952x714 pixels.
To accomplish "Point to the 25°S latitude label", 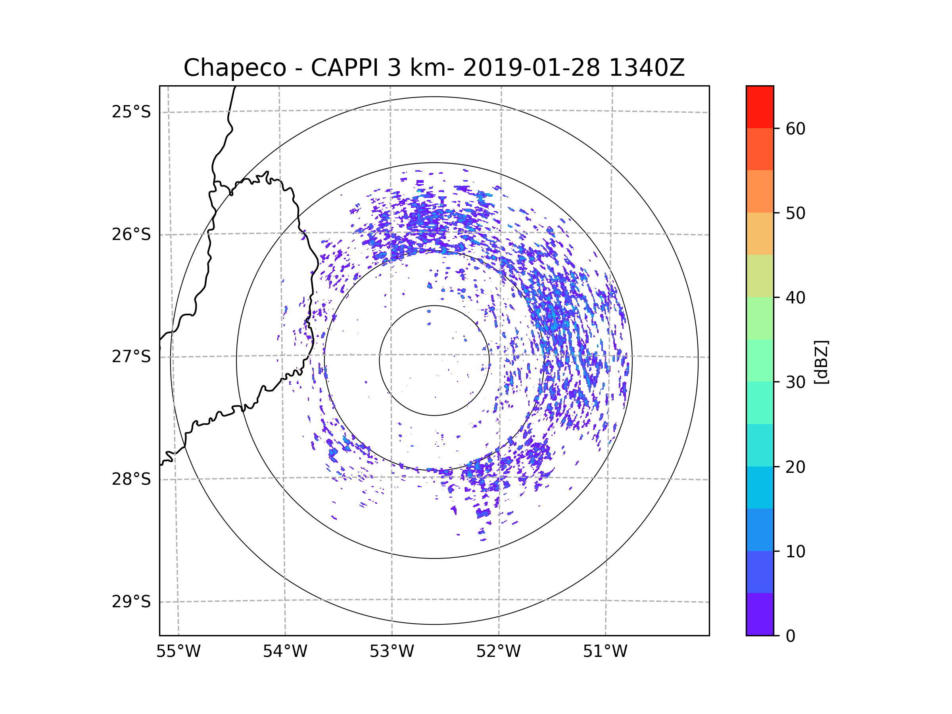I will pos(131,112).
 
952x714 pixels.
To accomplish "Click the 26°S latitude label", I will pos(131,234).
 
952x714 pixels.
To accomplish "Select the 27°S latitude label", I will pos(131,357).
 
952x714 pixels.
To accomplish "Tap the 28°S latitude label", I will pos(131,479).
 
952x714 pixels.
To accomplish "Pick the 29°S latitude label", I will pos(131,602).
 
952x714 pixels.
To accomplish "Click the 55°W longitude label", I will pos(178,652).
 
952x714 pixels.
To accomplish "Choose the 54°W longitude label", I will pos(285,652).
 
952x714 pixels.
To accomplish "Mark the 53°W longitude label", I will pos(392,652).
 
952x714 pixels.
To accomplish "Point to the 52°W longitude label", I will pos(498,652).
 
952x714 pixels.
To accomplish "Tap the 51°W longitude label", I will pos(605,652).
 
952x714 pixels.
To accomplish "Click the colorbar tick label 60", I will pos(795,129).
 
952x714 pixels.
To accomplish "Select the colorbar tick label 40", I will pos(795,298).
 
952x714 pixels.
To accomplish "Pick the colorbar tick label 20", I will pos(795,467).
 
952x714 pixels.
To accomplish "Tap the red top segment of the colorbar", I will pos(760,107).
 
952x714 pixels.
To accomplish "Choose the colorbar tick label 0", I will pos(791,636).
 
